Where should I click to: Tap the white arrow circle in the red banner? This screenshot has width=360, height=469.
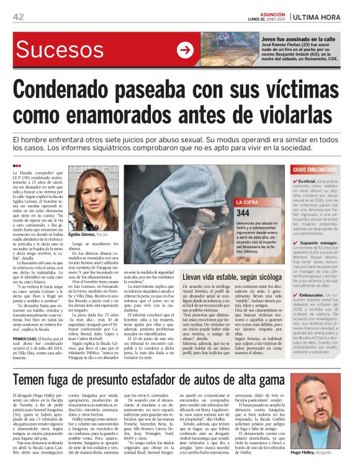pyautogui.click(x=185, y=50)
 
